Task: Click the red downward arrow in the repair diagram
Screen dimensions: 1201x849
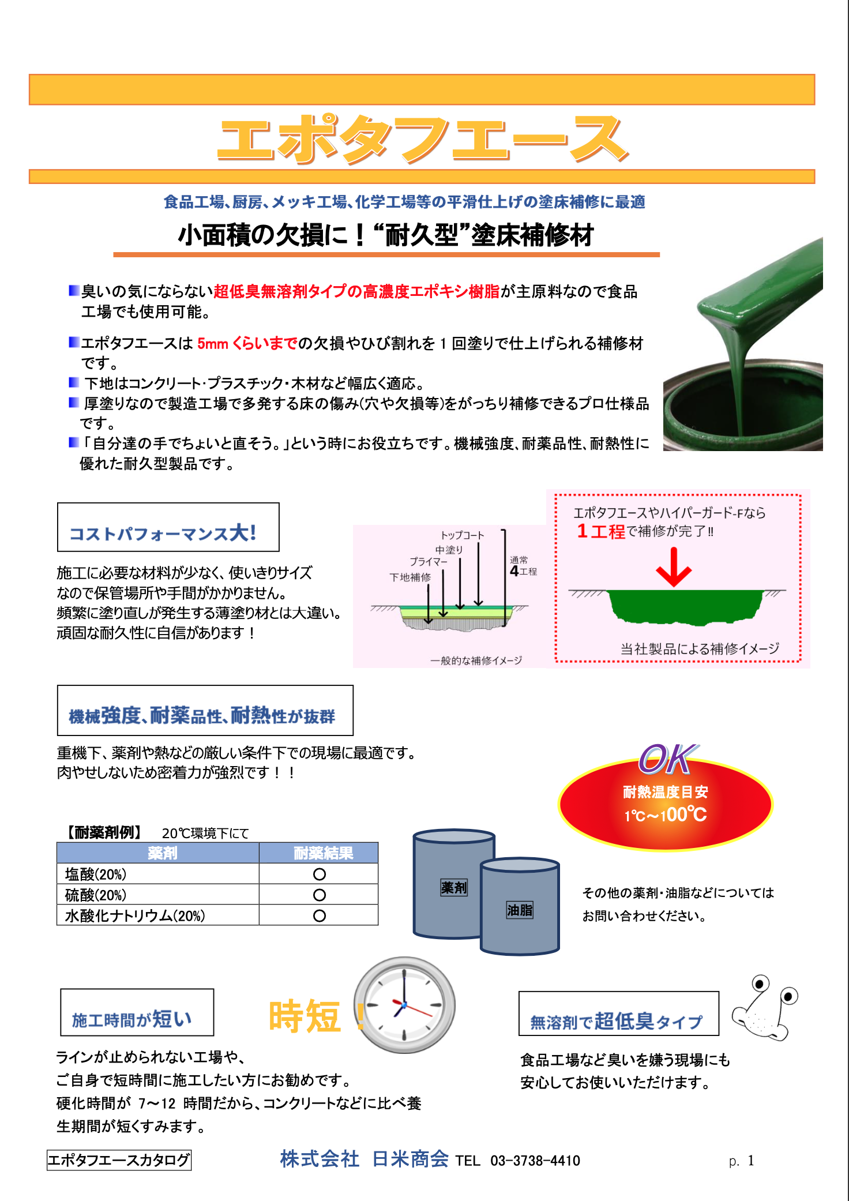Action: coord(674,568)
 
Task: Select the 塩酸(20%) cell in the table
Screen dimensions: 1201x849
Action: coord(96,874)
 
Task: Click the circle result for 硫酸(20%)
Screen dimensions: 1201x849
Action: coord(319,895)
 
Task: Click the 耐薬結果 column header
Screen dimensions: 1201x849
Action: coord(323,853)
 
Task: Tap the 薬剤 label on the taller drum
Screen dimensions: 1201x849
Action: coord(454,887)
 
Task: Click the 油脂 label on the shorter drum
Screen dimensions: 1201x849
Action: coord(519,910)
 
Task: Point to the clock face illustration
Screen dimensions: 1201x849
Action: coord(405,1005)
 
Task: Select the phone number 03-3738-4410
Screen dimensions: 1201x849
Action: coord(535,1161)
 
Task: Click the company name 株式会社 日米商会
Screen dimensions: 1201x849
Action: coord(364,1159)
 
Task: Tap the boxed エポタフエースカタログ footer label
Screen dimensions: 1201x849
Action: coord(119,1160)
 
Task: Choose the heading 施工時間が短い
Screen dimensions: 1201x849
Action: coord(132,1019)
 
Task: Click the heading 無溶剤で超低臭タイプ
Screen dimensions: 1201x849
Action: coord(617,1021)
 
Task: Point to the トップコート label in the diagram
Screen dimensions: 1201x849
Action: coord(463,535)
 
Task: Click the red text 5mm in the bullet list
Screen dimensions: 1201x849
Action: coord(213,344)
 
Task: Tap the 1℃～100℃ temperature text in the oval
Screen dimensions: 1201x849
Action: coord(666,815)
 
